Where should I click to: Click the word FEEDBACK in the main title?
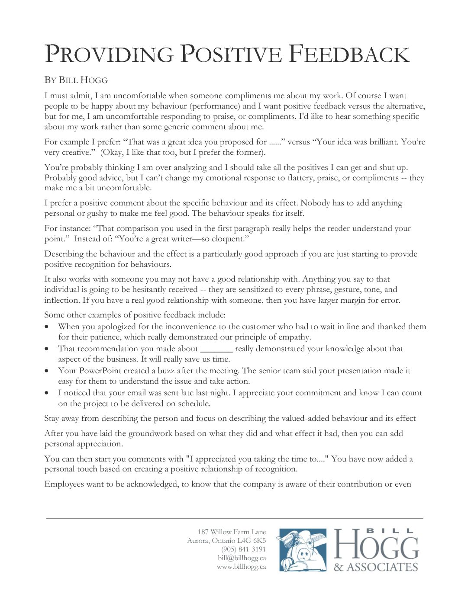[348, 54]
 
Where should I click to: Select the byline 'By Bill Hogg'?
[76, 80]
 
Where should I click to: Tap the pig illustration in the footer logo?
[303, 550]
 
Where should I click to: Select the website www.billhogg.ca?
[241, 567]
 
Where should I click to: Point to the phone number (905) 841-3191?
[243, 549]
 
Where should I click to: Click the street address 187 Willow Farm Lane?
[232, 532]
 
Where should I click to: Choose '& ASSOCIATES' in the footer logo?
[376, 567]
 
